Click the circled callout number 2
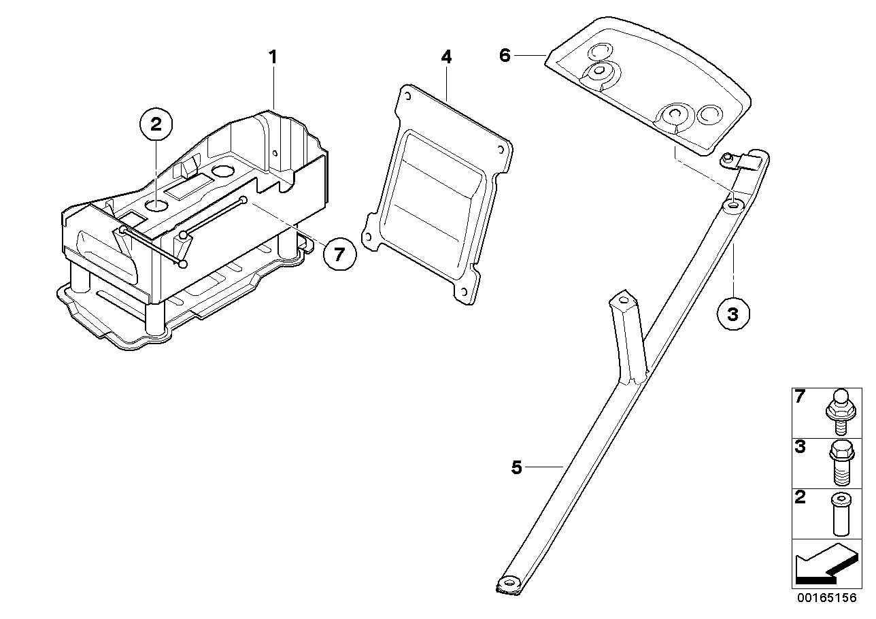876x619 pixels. click(x=156, y=125)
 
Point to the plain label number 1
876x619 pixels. click(x=273, y=57)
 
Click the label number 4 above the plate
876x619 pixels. click(x=446, y=57)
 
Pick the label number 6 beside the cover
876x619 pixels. click(x=505, y=55)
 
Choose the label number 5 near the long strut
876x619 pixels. click(x=517, y=468)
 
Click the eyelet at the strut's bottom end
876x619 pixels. click(x=509, y=582)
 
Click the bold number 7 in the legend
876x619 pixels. click(x=801, y=397)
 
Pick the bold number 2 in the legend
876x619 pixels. click(x=801, y=497)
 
